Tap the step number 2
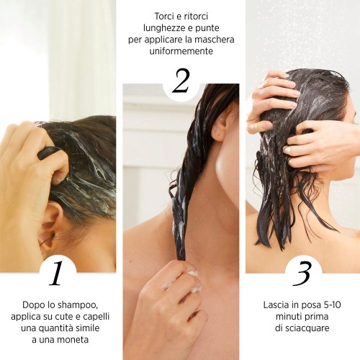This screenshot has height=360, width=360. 180,81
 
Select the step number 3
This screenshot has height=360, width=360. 302,274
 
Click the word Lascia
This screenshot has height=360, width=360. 279,305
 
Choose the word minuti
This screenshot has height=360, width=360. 288,317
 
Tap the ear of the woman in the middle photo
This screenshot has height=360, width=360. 220,126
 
